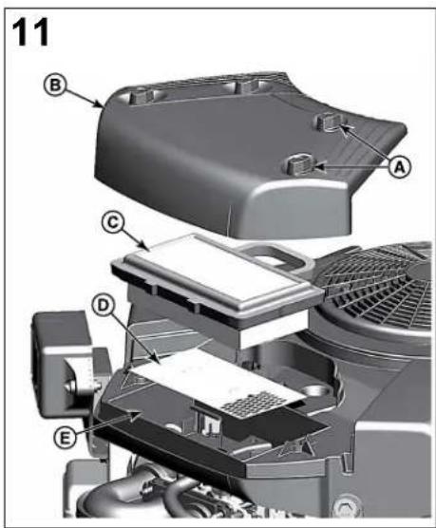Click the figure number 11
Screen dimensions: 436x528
[30, 32]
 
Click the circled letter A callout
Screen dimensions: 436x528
[399, 167]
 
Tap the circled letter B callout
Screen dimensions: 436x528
[55, 85]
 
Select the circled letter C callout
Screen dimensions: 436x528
[113, 222]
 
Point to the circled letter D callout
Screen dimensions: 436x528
[104, 306]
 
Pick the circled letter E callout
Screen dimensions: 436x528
[65, 438]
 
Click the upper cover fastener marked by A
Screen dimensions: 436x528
[330, 122]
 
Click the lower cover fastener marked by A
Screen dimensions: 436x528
[300, 162]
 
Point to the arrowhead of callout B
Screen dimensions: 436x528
[101, 105]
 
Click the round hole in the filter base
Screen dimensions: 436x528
[315, 391]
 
